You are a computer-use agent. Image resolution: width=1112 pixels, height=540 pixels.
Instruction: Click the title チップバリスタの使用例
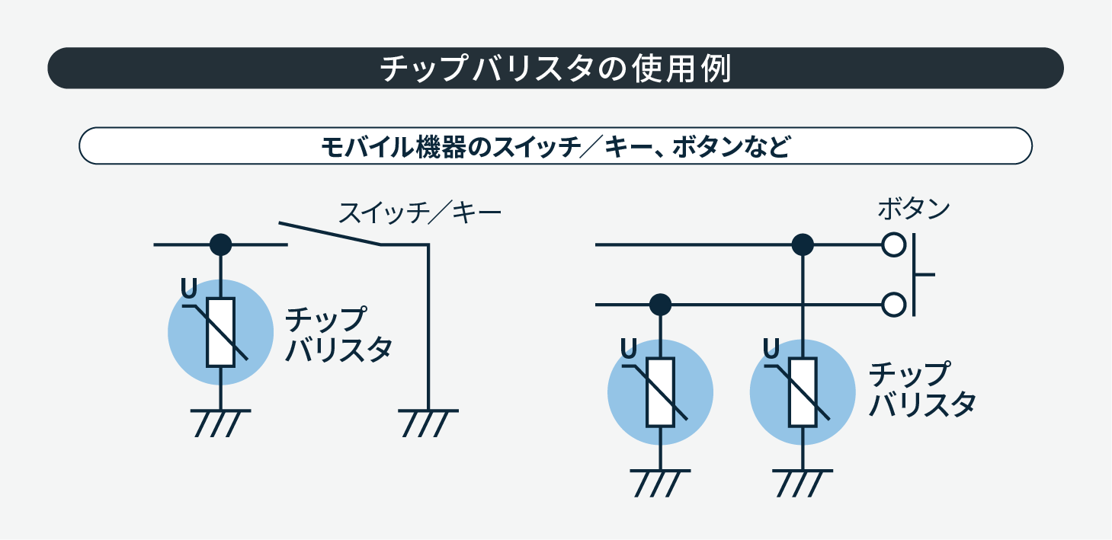555,69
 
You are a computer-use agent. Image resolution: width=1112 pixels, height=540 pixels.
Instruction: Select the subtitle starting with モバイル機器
555,146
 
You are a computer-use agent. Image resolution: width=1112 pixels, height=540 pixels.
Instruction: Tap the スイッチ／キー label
420,212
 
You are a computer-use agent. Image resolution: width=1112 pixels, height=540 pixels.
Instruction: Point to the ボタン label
914,208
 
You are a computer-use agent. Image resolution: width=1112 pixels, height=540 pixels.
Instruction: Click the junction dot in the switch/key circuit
220,244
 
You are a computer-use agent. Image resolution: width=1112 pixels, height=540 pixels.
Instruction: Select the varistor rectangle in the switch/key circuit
220,332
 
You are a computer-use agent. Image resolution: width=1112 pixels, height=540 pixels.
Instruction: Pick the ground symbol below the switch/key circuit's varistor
220,423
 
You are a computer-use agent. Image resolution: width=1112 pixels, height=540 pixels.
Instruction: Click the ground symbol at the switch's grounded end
428,423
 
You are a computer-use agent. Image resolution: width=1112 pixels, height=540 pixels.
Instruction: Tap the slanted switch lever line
329,234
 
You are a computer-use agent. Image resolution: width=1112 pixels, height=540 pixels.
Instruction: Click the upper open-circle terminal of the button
893,244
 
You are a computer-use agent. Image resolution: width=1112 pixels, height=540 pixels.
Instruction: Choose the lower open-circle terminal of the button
893,305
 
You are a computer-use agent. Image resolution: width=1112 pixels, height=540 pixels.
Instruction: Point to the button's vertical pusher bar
914,274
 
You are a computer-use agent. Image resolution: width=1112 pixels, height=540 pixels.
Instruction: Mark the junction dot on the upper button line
803,244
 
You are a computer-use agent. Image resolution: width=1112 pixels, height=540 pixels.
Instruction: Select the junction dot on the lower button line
660,305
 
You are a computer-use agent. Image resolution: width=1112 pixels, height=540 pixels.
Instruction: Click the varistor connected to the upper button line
803,391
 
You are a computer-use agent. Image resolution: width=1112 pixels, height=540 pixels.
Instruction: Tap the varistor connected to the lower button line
660,391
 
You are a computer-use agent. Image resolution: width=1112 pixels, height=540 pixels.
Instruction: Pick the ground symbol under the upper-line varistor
803,483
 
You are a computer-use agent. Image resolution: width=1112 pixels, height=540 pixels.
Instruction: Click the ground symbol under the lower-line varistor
660,483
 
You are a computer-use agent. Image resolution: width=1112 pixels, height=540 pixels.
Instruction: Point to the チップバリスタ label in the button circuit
921,389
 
